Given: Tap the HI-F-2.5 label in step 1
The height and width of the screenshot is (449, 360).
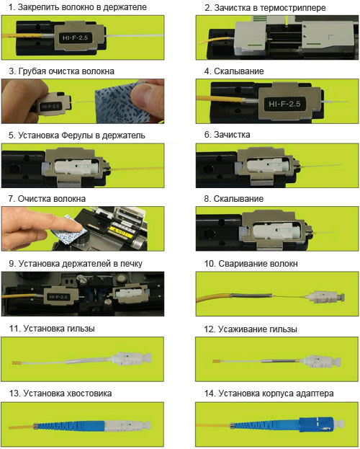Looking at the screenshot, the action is click(76, 37).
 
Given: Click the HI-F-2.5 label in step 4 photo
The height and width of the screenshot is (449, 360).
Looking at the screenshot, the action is click(284, 104).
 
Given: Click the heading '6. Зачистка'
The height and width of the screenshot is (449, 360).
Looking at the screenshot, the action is click(228, 135).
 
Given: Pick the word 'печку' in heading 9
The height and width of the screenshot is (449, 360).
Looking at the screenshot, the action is click(131, 264).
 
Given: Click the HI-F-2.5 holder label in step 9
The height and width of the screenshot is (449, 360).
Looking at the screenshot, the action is click(58, 297).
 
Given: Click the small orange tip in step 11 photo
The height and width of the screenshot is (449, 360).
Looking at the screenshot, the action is click(17, 363).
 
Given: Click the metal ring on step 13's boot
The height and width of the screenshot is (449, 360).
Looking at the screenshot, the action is click(36, 426).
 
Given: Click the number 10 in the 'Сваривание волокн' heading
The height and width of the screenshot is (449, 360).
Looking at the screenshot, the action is click(210, 264).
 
